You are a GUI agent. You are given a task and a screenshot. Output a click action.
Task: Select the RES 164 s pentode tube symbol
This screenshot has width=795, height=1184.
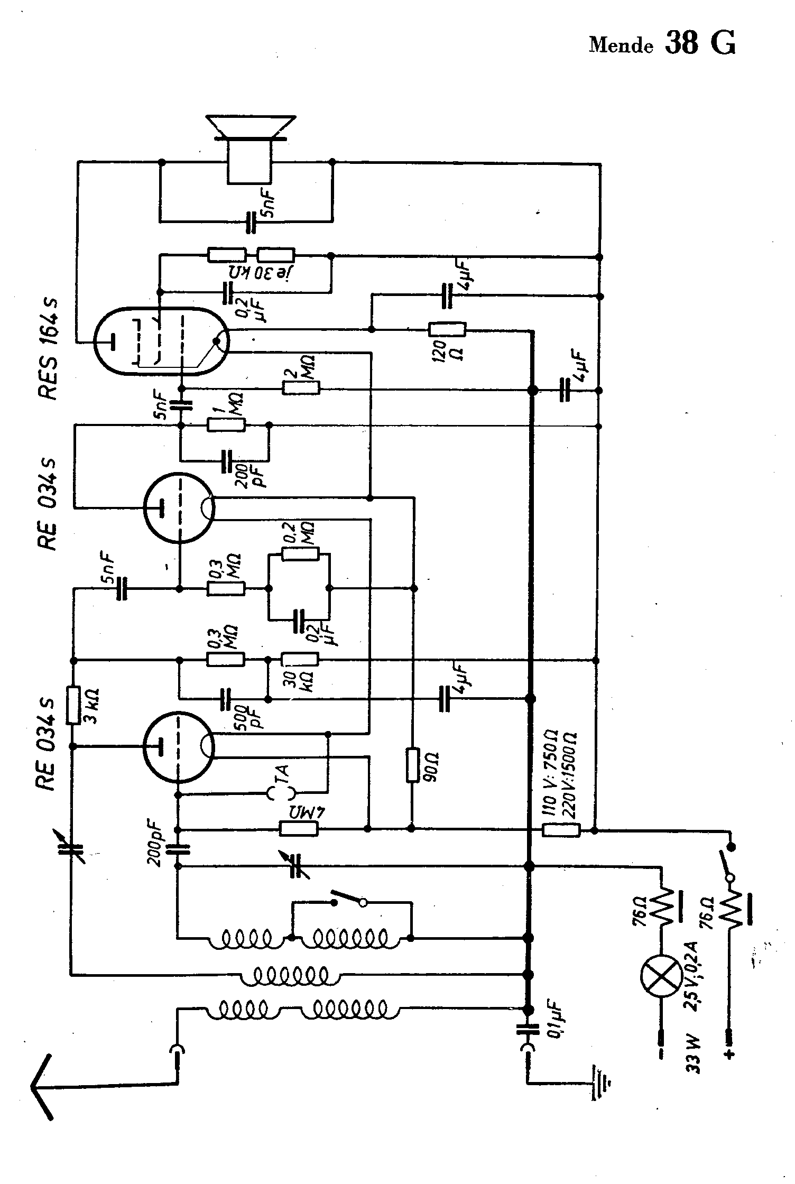[x=162, y=341]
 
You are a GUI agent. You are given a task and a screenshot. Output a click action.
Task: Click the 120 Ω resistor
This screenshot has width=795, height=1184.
[x=447, y=330]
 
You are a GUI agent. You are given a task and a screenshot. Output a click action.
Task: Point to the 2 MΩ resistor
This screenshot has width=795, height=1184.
[x=301, y=388]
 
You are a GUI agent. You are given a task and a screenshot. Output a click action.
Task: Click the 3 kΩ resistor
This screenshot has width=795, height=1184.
[x=73, y=705]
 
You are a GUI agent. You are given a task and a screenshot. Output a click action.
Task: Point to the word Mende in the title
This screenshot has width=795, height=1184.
[x=621, y=45]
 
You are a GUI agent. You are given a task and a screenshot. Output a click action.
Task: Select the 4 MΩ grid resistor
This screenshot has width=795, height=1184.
[x=299, y=829]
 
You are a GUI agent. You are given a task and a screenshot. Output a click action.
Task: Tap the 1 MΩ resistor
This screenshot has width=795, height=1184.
[x=226, y=425]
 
